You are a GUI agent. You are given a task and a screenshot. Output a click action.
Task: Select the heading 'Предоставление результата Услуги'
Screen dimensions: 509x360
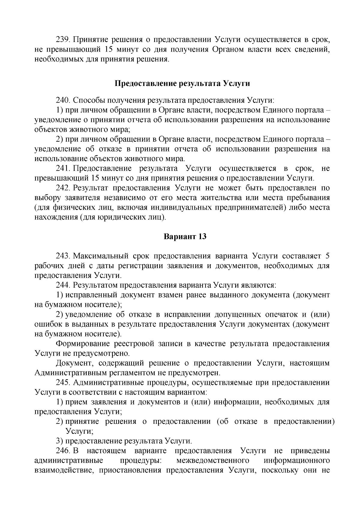point(182,83)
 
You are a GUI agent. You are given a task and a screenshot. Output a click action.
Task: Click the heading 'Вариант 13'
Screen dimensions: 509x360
point(185,236)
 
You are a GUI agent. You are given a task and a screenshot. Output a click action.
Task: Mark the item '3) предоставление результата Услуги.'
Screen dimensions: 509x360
point(124,441)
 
